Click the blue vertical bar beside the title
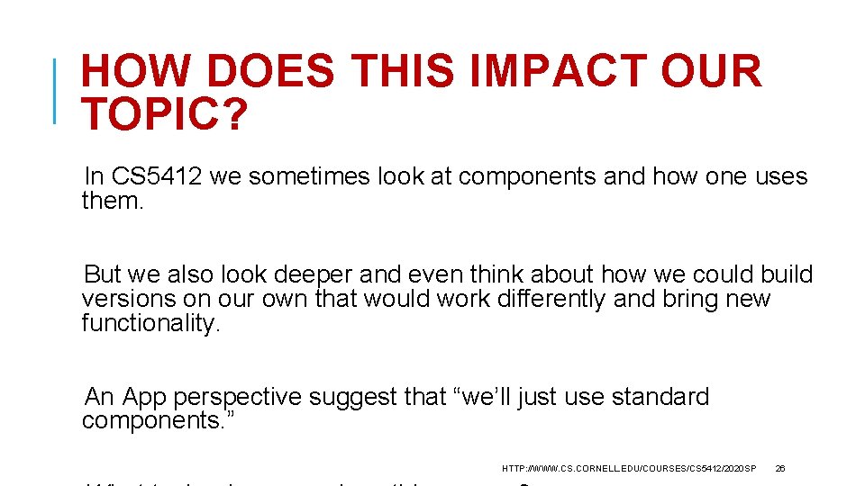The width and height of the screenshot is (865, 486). click(56, 90)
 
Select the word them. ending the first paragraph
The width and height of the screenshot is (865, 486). click(113, 200)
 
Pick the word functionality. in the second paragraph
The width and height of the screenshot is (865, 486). click(150, 323)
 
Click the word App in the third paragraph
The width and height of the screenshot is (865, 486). click(144, 397)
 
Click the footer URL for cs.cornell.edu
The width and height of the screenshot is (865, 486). click(628, 469)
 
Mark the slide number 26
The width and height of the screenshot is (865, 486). click(780, 469)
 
